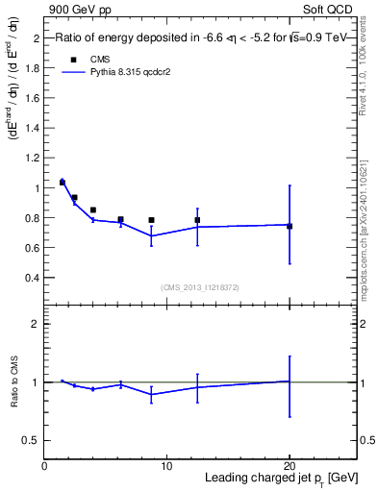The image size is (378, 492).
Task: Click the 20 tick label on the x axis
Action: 290,465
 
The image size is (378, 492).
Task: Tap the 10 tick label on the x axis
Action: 166,465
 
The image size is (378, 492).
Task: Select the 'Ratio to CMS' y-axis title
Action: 13,382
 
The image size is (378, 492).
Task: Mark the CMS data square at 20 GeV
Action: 290,226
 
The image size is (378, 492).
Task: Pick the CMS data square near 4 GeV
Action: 93,209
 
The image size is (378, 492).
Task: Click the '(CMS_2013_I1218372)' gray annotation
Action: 200,287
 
